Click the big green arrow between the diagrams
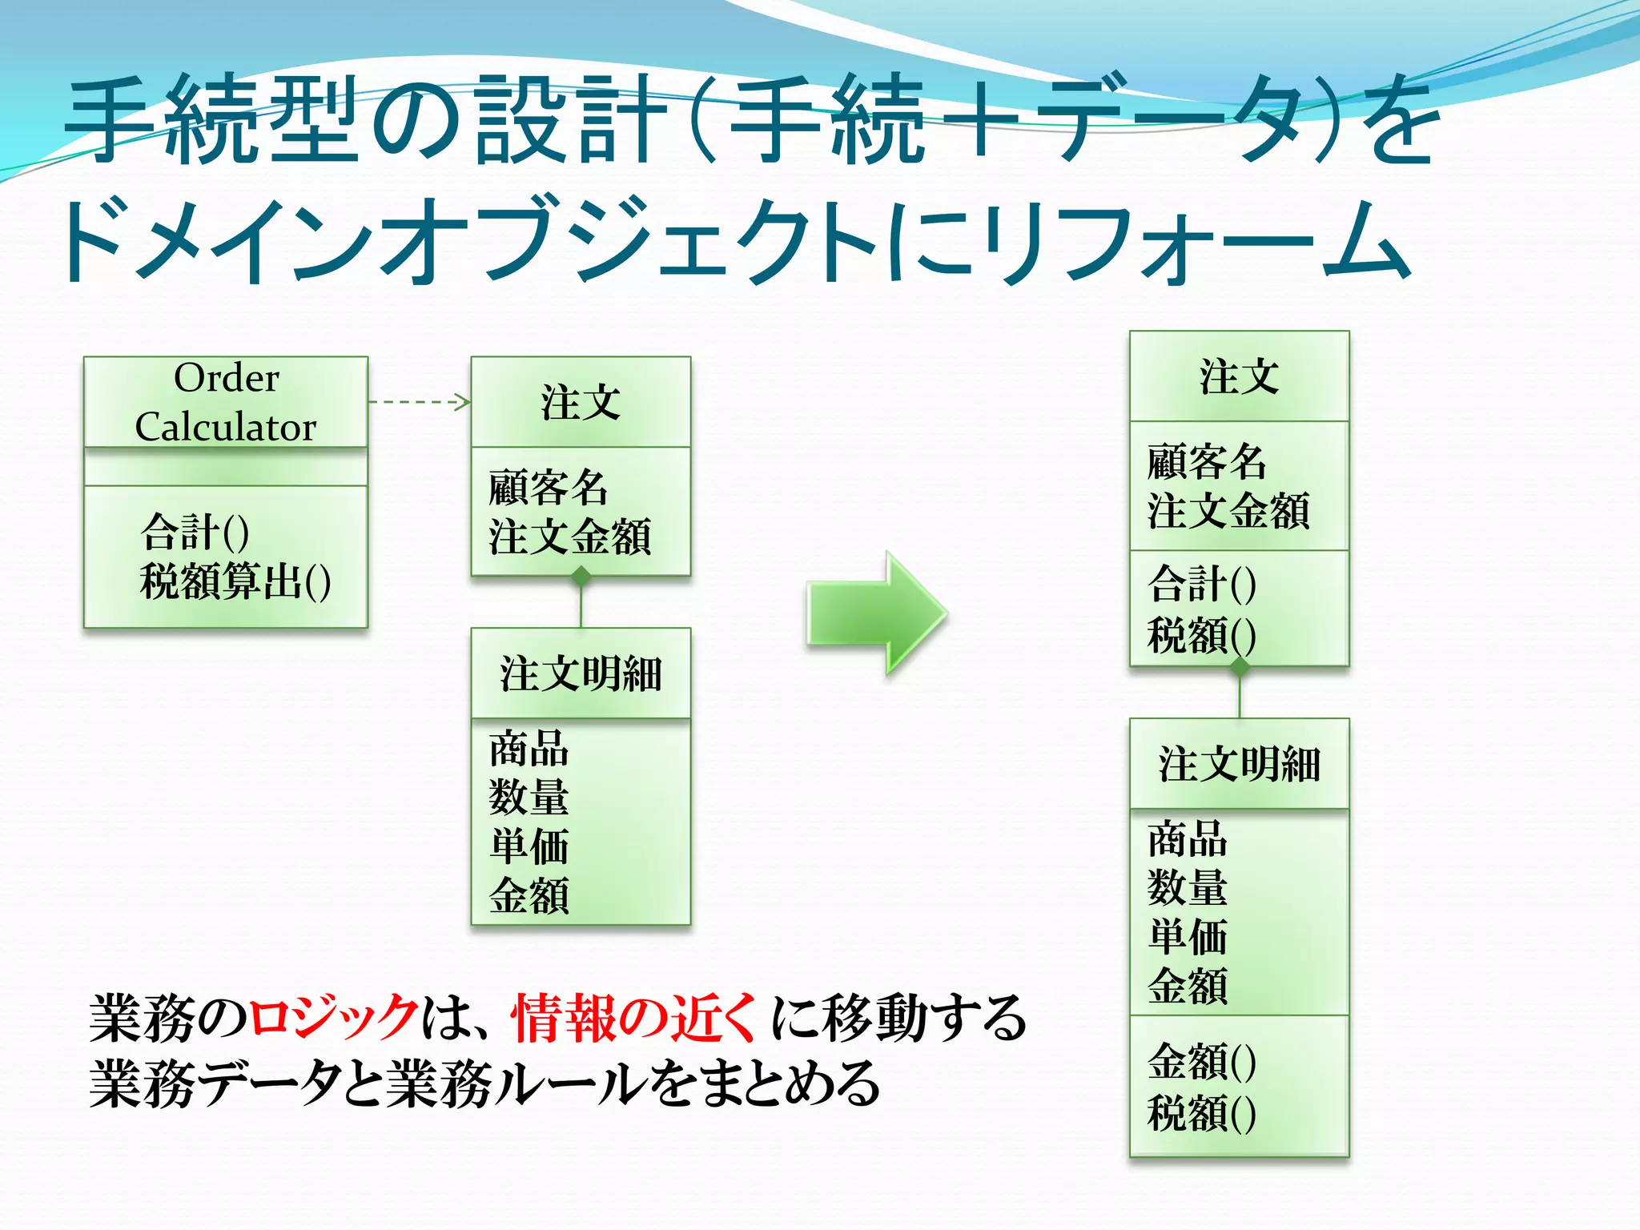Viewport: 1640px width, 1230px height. pyautogui.click(x=876, y=613)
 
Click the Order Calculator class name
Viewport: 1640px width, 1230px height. pyautogui.click(x=226, y=402)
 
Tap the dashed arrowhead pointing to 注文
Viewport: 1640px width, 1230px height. pyautogui.click(x=462, y=402)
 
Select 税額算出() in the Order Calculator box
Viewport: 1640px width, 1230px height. pyautogui.click(x=235, y=581)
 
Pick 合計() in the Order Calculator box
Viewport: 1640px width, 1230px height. pyautogui.click(x=195, y=533)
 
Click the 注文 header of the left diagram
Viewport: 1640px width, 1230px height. pyautogui.click(x=581, y=402)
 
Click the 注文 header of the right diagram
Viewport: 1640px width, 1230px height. pyautogui.click(x=1239, y=376)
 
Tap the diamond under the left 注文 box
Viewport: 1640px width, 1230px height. pyautogui.click(x=581, y=576)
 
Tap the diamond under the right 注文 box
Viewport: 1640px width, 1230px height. pyautogui.click(x=1240, y=666)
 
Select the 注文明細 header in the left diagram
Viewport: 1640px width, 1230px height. pyautogui.click(x=581, y=673)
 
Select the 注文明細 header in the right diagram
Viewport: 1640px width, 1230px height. pyautogui.click(x=1239, y=764)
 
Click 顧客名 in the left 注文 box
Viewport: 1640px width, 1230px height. pyautogui.click(x=549, y=487)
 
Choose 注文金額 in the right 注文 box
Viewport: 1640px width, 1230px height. pyautogui.click(x=1228, y=512)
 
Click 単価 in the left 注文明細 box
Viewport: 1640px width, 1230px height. pyautogui.click(x=529, y=846)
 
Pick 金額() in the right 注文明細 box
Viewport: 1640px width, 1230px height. pyautogui.click(x=1201, y=1063)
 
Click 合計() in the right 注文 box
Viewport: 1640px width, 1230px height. pyautogui.click(x=1201, y=583)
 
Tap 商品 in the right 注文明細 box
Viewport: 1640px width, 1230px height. pyautogui.click(x=1188, y=839)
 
